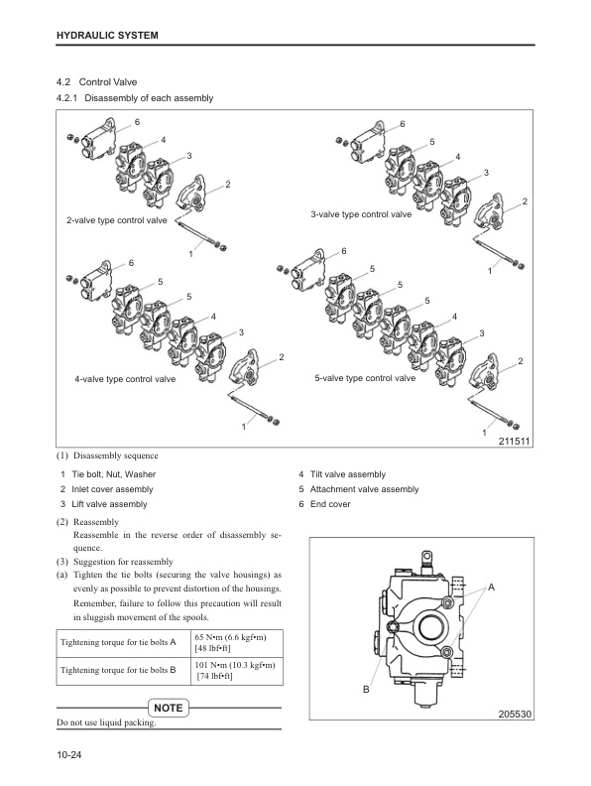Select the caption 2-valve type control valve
pyautogui.click(x=116, y=219)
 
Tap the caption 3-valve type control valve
pyautogui.click(x=361, y=214)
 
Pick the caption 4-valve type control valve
pyautogui.click(x=125, y=379)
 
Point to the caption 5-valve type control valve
pyautogui.click(x=365, y=378)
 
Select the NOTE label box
pyautogui.click(x=170, y=707)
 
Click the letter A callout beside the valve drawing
pyautogui.click(x=489, y=588)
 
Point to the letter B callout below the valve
pyautogui.click(x=366, y=689)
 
